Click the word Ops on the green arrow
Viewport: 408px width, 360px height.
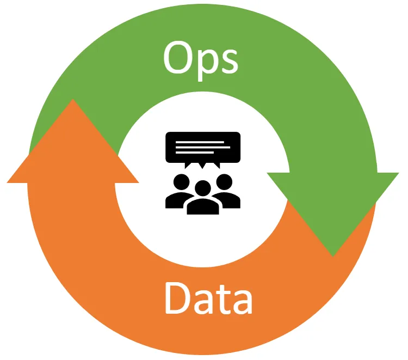(201, 58)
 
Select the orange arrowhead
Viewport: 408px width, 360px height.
(72, 147)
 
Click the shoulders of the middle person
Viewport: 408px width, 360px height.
(203, 207)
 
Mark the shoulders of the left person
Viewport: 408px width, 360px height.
(175, 199)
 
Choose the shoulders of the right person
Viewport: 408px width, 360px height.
(231, 199)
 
